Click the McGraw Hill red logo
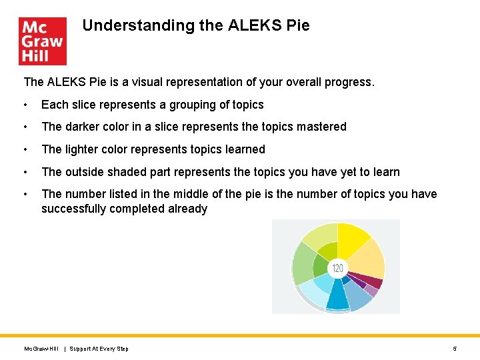pos(43,41)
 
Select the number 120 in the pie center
pos(337,268)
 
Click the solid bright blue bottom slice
pos(337,295)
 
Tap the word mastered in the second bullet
pos(324,127)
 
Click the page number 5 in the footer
pos(455,349)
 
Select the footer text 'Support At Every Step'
pos(99,349)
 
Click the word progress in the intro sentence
pos(350,82)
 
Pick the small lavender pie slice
pos(371,290)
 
